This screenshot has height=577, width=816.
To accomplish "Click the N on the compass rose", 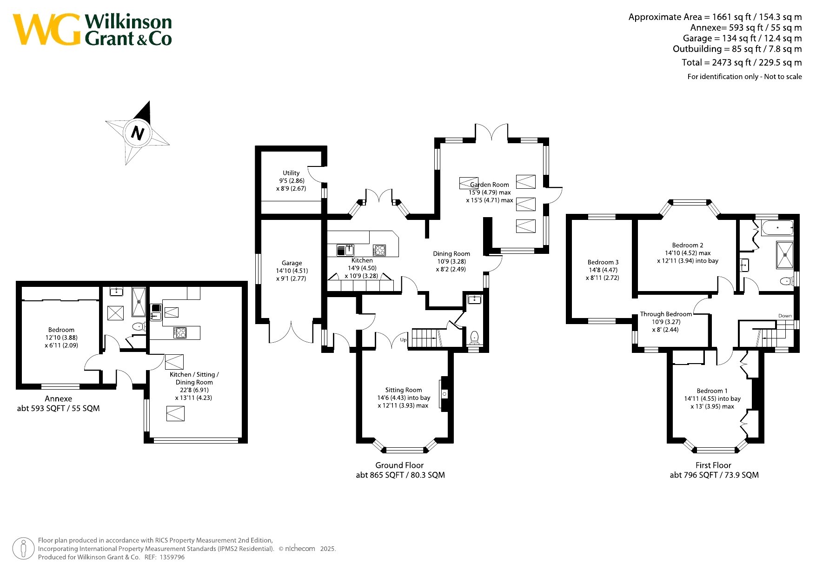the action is coord(138,133).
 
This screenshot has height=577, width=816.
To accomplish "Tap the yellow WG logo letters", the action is coord(47,30).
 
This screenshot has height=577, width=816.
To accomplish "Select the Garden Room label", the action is coord(490,185).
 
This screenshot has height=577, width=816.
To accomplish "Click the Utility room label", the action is coord(291,173).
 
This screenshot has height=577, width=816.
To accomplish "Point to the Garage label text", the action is coord(292,263).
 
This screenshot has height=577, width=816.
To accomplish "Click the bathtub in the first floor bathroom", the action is coord(777,228).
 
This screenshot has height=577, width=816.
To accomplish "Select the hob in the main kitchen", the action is coord(379,250).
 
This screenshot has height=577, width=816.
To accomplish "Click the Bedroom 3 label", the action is coord(603,262).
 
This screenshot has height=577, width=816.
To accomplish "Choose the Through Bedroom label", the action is coord(666,314).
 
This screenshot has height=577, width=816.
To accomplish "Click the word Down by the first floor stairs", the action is coord(785,316).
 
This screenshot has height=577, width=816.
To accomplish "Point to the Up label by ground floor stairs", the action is coord(403,340).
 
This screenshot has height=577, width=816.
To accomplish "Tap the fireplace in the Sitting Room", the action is coord(444,394).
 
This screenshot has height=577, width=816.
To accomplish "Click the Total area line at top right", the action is coord(742,62).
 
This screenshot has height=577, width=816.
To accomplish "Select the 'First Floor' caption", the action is coord(713,465).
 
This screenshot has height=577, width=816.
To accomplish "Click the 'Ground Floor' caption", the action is coord(399,465).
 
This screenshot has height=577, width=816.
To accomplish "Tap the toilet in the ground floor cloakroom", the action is coord(474,336).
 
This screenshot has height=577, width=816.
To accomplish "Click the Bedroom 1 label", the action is coord(712,391).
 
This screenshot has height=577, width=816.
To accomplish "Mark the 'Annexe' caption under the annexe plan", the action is coord(58,398).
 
